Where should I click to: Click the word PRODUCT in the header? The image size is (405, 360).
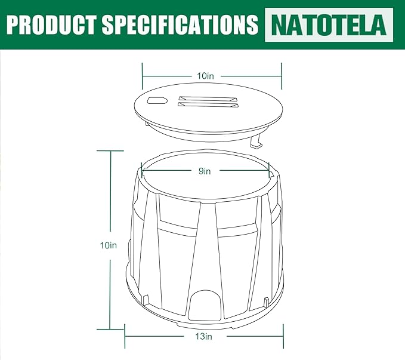pos(51,24)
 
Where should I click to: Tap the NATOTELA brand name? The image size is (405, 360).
pos(329,24)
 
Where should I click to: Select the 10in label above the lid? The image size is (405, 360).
pos(205,76)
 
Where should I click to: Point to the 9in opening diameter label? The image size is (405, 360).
pos(205,171)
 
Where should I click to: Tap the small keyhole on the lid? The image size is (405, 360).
pos(157,100)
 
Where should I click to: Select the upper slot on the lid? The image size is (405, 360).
pos(208,99)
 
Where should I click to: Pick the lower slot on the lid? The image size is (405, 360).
pos(208,106)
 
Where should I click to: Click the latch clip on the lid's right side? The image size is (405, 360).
pos(257,143)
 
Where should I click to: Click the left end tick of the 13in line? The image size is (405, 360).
pos(124,337)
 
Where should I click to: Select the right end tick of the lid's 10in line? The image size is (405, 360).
pos(281,76)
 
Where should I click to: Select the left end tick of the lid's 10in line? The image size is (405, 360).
pos(142,76)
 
